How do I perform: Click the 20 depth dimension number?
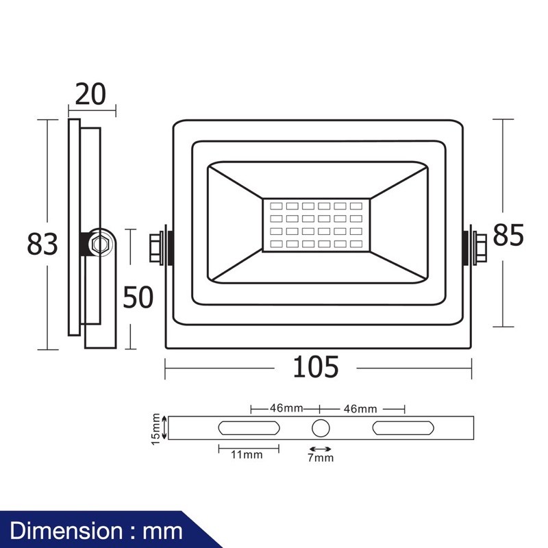click(90, 94)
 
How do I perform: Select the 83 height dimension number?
click(42, 244)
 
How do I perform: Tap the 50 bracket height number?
click(138, 297)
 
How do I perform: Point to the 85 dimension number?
click(508, 235)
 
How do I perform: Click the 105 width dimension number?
click(316, 366)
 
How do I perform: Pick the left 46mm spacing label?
click(286, 408)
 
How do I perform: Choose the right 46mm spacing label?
click(360, 409)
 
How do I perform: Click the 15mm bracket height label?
click(155, 429)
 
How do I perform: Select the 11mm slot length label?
click(247, 455)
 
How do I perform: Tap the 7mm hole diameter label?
click(321, 458)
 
